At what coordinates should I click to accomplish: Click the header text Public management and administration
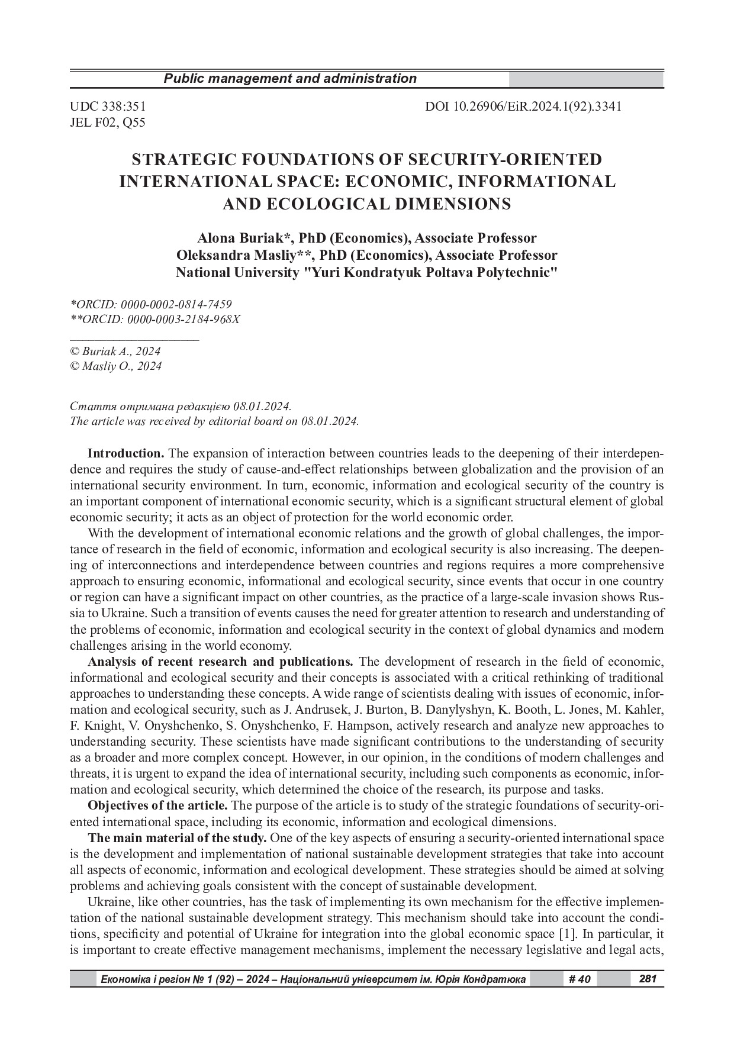click(x=289, y=79)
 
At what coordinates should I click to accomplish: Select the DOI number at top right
click(x=523, y=107)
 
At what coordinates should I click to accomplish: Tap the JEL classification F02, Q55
click(x=107, y=123)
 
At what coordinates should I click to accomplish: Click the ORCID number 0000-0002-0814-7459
click(x=176, y=304)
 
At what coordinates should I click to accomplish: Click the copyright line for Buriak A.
click(x=115, y=351)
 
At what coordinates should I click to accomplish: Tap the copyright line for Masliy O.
click(x=115, y=366)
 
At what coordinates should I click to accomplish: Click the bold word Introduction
click(x=125, y=454)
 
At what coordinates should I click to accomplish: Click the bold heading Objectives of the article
click(x=157, y=805)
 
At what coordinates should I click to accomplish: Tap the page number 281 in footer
click(x=648, y=979)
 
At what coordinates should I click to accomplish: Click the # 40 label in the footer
click(x=579, y=979)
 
